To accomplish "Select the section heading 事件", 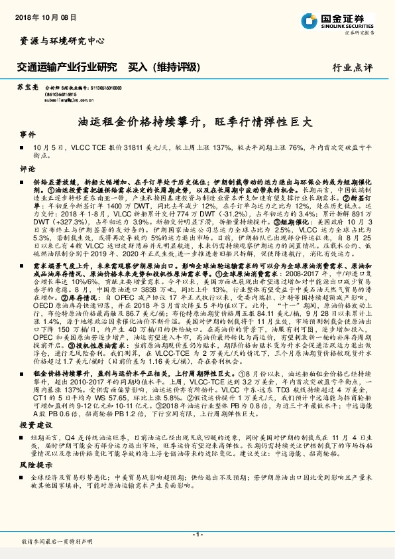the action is pyautogui.click(x=27, y=133).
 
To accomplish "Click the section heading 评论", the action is pyautogui.click(x=27, y=169).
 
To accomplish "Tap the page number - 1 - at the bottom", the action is pyautogui.click(x=197, y=534).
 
